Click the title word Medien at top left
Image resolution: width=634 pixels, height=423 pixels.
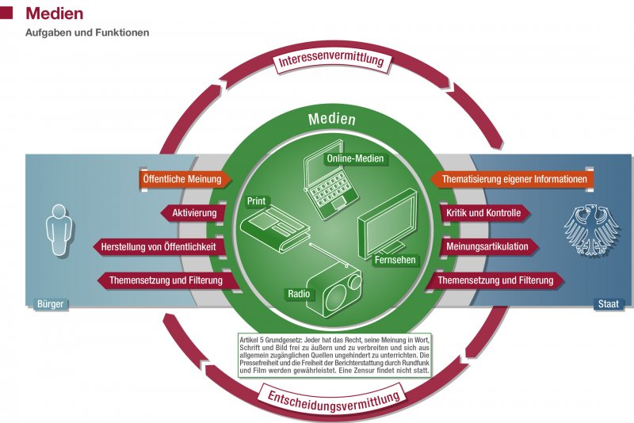tap(54, 13)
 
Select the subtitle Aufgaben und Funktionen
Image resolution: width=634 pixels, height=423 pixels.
tap(87, 33)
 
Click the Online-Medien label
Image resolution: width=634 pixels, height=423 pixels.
tap(355, 158)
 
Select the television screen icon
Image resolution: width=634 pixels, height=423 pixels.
tap(386, 224)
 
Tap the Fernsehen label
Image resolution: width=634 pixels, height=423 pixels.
tap(394, 260)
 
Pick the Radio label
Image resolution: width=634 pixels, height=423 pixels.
tap(299, 295)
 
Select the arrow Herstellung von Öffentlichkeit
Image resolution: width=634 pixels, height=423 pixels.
tap(158, 246)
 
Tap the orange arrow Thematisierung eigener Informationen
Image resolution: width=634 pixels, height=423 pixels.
tap(513, 180)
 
